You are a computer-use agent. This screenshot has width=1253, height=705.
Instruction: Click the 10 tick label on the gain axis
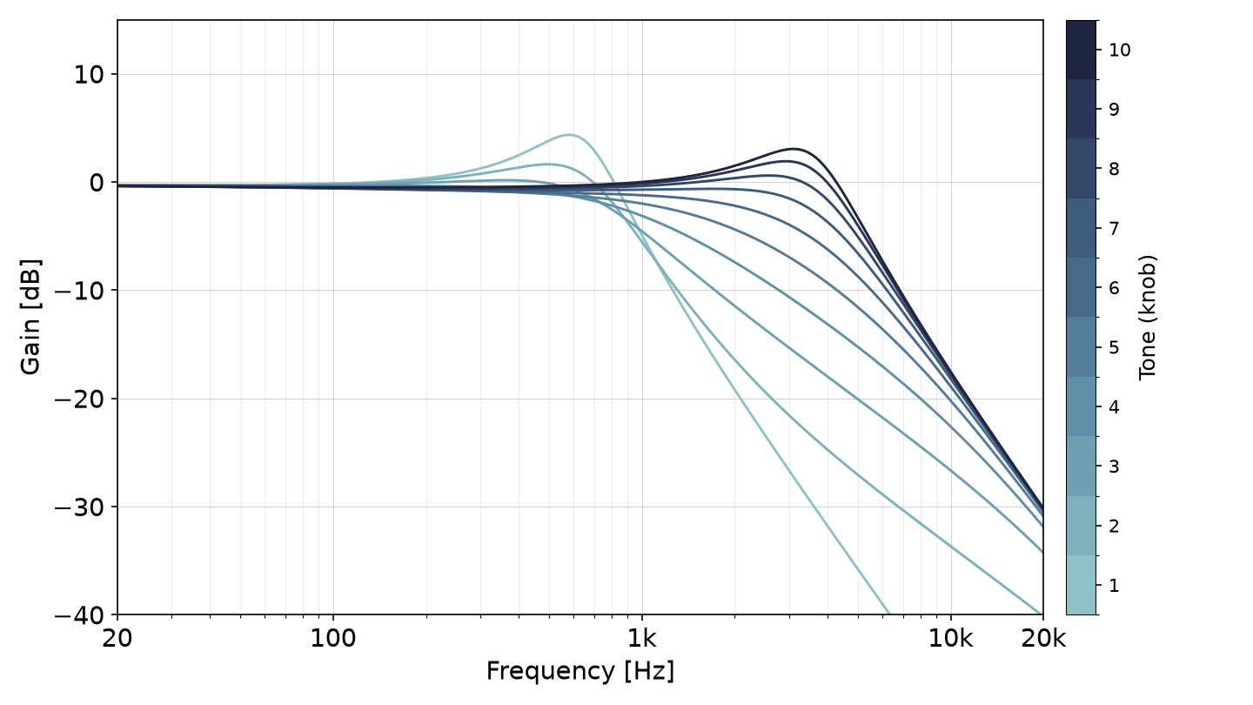pos(89,75)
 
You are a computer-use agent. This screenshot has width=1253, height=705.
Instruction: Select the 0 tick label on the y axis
pos(97,183)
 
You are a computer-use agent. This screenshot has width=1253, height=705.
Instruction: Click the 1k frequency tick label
pos(641,639)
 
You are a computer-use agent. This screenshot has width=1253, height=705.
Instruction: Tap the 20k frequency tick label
pos(1043,639)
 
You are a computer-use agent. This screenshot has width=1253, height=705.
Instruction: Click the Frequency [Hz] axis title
pos(580,671)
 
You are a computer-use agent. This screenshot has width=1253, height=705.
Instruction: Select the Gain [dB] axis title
pos(30,317)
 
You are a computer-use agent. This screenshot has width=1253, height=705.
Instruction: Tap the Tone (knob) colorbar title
pos(1147,317)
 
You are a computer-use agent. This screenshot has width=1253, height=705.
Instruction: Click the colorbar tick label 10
pos(1120,50)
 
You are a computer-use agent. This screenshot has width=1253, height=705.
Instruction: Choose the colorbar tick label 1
pos(1114,585)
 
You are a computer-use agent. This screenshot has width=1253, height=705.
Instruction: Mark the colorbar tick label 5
pos(1114,347)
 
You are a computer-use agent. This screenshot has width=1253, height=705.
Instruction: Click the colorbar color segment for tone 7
pos(1082,228)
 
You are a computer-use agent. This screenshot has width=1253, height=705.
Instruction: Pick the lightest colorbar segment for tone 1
pos(1082,585)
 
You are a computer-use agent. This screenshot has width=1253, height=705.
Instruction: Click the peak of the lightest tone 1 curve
pos(569,135)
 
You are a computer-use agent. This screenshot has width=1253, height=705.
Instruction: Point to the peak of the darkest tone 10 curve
pos(793,149)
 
